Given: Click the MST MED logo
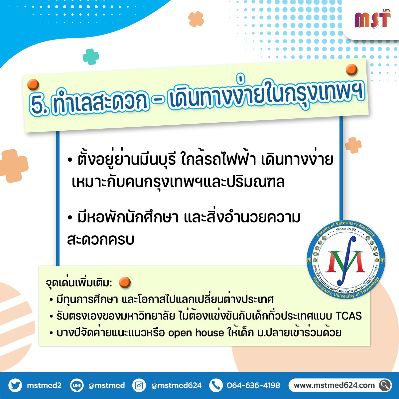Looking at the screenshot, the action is point(372,19).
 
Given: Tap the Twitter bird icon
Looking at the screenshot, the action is point(15,385).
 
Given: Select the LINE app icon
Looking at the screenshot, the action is point(77,385).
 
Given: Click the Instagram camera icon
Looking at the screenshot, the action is point(139,385).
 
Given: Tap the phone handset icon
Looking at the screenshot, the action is point(216,385).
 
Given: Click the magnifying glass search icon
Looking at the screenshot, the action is point(385,385).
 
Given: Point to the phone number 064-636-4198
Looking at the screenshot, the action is point(253,385).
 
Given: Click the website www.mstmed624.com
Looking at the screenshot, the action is point(334,385).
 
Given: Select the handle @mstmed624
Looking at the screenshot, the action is point(177,385).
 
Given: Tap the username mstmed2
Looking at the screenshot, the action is point(44,385).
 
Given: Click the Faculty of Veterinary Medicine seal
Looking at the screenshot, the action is point(346,259).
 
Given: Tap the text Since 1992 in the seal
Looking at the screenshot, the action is point(346,229).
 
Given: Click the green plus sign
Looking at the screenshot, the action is point(91,57).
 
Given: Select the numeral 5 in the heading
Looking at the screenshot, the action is point(39,106).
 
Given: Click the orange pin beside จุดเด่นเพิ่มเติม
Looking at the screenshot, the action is point(125,282).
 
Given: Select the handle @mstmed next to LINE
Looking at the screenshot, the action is point(106,385).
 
